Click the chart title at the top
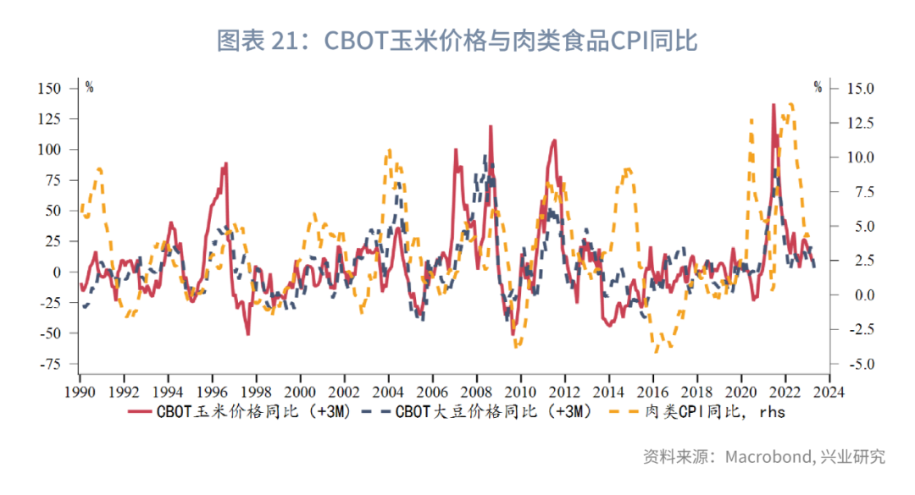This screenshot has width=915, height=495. (x=457, y=40)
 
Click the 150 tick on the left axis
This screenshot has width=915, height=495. (x=49, y=88)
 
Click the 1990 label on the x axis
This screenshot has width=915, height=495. (x=80, y=392)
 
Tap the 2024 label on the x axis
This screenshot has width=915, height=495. (x=829, y=392)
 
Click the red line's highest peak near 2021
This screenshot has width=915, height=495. (x=774, y=105)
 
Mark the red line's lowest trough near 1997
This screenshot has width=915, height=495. (x=248, y=334)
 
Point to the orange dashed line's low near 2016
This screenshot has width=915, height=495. (x=656, y=350)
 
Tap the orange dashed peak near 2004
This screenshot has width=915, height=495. (x=389, y=151)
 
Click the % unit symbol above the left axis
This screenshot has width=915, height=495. (x=89, y=87)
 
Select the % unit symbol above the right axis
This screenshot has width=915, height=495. (x=818, y=87)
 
